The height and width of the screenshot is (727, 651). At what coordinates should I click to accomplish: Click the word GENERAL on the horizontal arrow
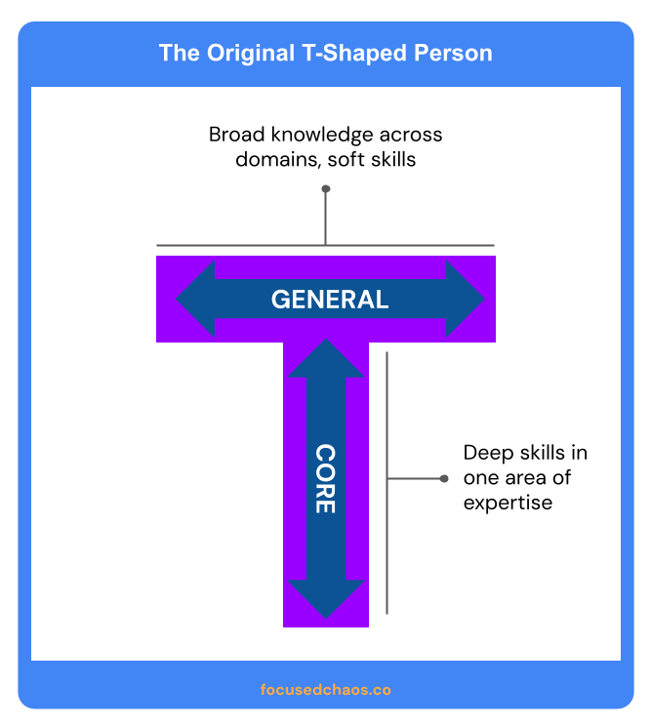tap(329, 300)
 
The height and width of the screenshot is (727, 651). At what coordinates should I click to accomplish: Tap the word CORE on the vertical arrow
tap(325, 480)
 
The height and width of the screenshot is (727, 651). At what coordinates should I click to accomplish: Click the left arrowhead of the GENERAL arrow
tap(195, 300)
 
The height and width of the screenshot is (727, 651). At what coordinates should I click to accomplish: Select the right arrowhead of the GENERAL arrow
tap(465, 300)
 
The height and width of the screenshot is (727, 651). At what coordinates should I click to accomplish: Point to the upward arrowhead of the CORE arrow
tap(325, 359)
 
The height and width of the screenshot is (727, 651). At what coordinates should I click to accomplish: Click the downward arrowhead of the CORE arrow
tap(325, 598)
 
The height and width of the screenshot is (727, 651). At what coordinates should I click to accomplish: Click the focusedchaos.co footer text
tap(326, 689)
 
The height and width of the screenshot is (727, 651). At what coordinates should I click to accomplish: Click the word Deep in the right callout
tap(486, 453)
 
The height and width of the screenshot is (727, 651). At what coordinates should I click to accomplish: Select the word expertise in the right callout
tap(508, 504)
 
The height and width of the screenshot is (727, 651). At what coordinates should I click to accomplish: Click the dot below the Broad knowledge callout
tap(326, 188)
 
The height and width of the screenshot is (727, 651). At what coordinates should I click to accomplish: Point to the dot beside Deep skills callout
tap(444, 478)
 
